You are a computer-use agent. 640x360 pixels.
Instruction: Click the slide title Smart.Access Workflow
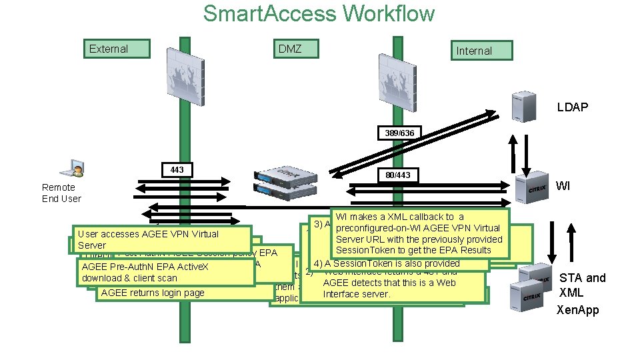coord(319,13)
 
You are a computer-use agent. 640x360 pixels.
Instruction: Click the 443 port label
coord(177,171)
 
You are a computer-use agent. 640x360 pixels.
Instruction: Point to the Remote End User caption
coord(61,193)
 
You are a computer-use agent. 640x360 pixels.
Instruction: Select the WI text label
coord(563,186)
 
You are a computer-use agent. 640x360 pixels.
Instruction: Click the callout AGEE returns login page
coord(153,293)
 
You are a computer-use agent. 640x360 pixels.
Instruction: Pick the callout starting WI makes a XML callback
coord(420,233)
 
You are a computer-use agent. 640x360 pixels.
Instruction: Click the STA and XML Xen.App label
coord(582,294)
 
